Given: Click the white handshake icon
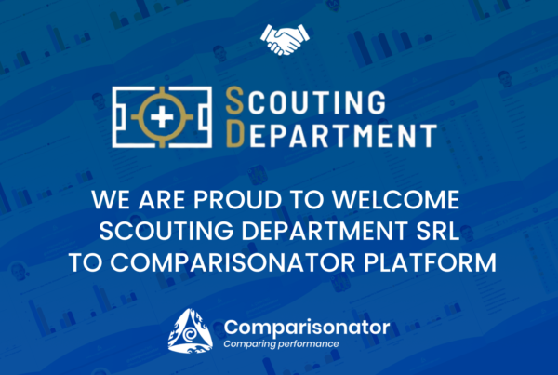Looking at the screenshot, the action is (285, 39).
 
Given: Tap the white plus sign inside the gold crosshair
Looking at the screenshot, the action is (162, 117).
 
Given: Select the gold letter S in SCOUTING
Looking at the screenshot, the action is (235, 101).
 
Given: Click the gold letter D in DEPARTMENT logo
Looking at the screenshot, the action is (235, 133).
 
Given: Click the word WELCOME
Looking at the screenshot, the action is (396, 200).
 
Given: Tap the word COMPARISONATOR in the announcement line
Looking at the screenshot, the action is (232, 262).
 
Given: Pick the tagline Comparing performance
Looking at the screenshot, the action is (281, 344).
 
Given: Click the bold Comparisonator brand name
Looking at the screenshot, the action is (307, 327).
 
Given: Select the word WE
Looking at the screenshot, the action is (111, 200).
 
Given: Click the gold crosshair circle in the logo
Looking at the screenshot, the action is (162, 96).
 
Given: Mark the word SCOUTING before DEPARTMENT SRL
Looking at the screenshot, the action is (166, 231).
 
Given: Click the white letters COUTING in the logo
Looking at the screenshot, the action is (317, 102).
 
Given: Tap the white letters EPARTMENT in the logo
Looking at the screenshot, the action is (343, 135).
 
